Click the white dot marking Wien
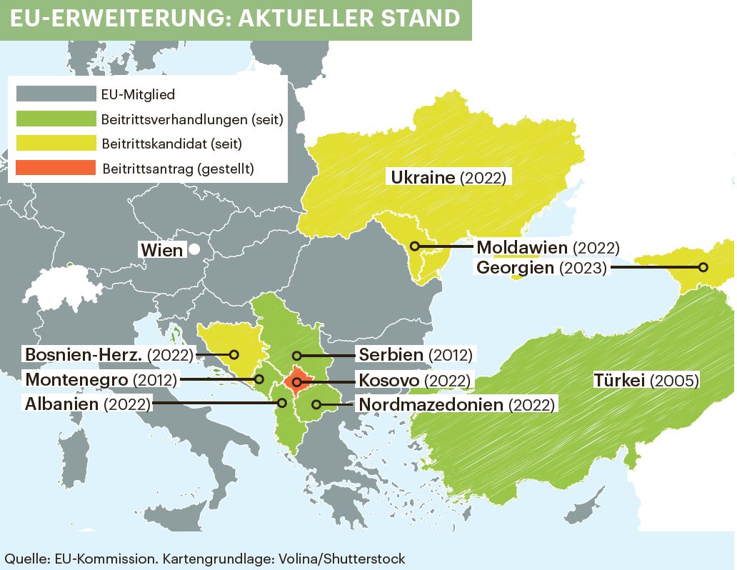coord(193,250)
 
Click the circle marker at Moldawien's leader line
coord(414,246)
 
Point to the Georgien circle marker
coord(703,268)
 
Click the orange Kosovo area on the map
coord(294,379)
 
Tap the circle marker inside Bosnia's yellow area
coord(233,354)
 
